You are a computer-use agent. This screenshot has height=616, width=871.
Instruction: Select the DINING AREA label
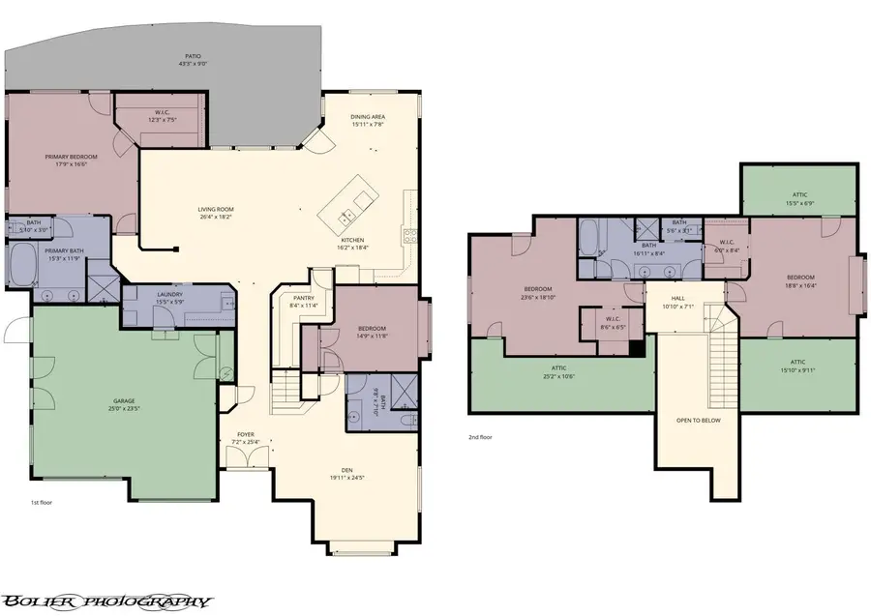[368, 120]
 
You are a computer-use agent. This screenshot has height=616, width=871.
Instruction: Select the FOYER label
[246, 439]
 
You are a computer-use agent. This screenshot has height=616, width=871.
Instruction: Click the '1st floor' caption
[41, 504]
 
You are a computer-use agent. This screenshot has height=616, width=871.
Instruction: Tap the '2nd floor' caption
[481, 437]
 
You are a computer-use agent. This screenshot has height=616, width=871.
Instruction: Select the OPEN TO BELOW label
[698, 421]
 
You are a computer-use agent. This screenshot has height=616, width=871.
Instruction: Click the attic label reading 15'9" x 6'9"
[798, 198]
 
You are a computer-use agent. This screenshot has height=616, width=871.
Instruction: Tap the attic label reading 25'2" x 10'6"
[559, 371]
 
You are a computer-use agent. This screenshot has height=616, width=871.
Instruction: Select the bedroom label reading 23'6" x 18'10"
[538, 293]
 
